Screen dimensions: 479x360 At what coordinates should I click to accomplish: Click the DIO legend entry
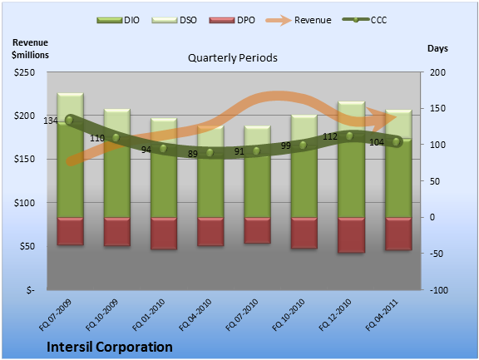[118, 20]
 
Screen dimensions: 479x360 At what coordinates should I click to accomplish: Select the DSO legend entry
[174, 20]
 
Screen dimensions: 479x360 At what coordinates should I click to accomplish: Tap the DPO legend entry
[232, 20]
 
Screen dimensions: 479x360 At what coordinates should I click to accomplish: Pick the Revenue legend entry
[299, 20]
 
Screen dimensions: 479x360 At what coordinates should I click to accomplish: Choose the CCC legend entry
[364, 20]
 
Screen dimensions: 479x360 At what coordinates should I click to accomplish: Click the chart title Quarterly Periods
[233, 57]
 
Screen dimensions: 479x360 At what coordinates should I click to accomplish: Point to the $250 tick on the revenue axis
[24, 72]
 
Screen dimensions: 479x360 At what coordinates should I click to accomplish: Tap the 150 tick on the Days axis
[437, 108]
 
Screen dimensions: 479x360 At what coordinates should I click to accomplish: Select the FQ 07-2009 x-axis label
[55, 315]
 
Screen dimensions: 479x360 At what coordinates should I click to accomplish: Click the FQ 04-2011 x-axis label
[383, 315]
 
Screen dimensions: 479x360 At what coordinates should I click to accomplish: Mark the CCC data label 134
[51, 121]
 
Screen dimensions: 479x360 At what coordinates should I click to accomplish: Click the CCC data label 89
[192, 154]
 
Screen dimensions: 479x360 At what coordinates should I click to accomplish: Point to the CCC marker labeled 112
[349, 136]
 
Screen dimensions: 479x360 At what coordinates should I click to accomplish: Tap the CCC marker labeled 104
[396, 141]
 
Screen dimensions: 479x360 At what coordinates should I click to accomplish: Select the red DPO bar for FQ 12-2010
[351, 235]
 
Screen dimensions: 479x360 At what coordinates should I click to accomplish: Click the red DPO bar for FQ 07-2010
[258, 230]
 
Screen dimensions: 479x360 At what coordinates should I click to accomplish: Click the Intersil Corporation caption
[110, 348]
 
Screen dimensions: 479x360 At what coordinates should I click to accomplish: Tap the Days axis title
[437, 48]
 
